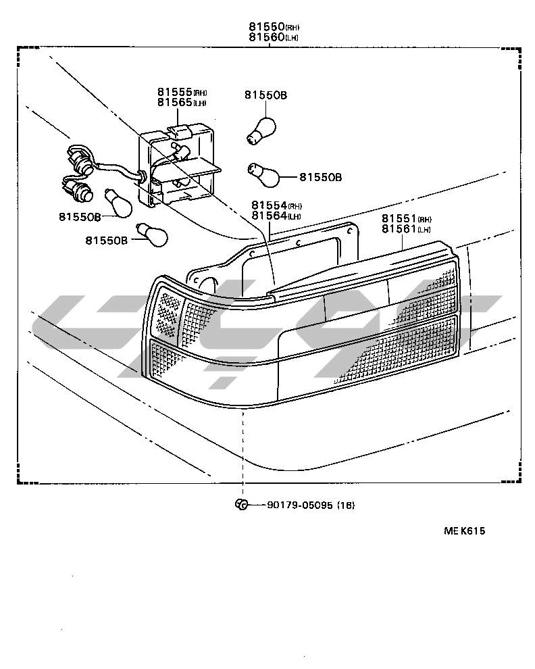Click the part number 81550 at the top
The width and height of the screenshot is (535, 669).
[x=265, y=27]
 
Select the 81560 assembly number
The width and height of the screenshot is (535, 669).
[x=265, y=38]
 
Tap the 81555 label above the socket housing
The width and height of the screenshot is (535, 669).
[x=174, y=92]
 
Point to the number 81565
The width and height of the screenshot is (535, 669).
[x=174, y=103]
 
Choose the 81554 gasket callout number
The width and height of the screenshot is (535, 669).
[x=268, y=205]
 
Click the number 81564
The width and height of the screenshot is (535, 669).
[x=268, y=216]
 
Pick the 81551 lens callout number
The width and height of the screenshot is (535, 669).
[x=399, y=219]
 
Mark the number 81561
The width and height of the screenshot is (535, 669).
[x=399, y=230]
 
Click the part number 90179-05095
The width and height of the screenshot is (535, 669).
[x=300, y=505]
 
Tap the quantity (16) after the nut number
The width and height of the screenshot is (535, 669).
[x=345, y=505]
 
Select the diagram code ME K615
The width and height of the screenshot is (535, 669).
[x=464, y=530]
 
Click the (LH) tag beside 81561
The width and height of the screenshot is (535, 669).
[x=424, y=230]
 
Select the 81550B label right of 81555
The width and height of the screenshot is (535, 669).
[x=265, y=96]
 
